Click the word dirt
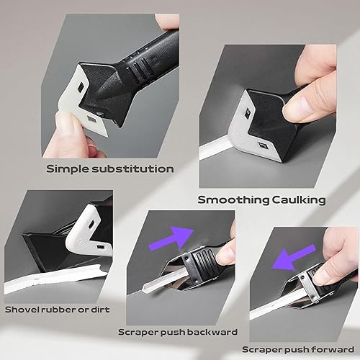coord(100,310)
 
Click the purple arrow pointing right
coord(171,238)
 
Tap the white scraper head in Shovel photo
coord(89,232)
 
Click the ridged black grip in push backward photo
coord(204,261)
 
